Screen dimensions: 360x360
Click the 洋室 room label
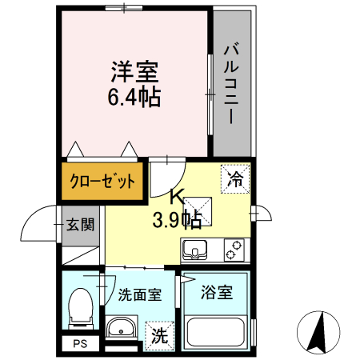point(134,72)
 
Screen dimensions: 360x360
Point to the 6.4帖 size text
point(134,98)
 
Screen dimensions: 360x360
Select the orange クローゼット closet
point(102,181)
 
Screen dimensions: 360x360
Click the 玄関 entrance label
point(79,224)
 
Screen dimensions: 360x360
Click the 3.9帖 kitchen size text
point(177,218)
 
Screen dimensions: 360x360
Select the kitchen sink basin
point(195,251)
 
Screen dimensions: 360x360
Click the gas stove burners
point(233,250)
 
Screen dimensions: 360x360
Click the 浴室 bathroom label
point(216,292)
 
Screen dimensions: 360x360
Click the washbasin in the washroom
point(122,329)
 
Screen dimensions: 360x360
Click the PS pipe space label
point(79,345)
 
